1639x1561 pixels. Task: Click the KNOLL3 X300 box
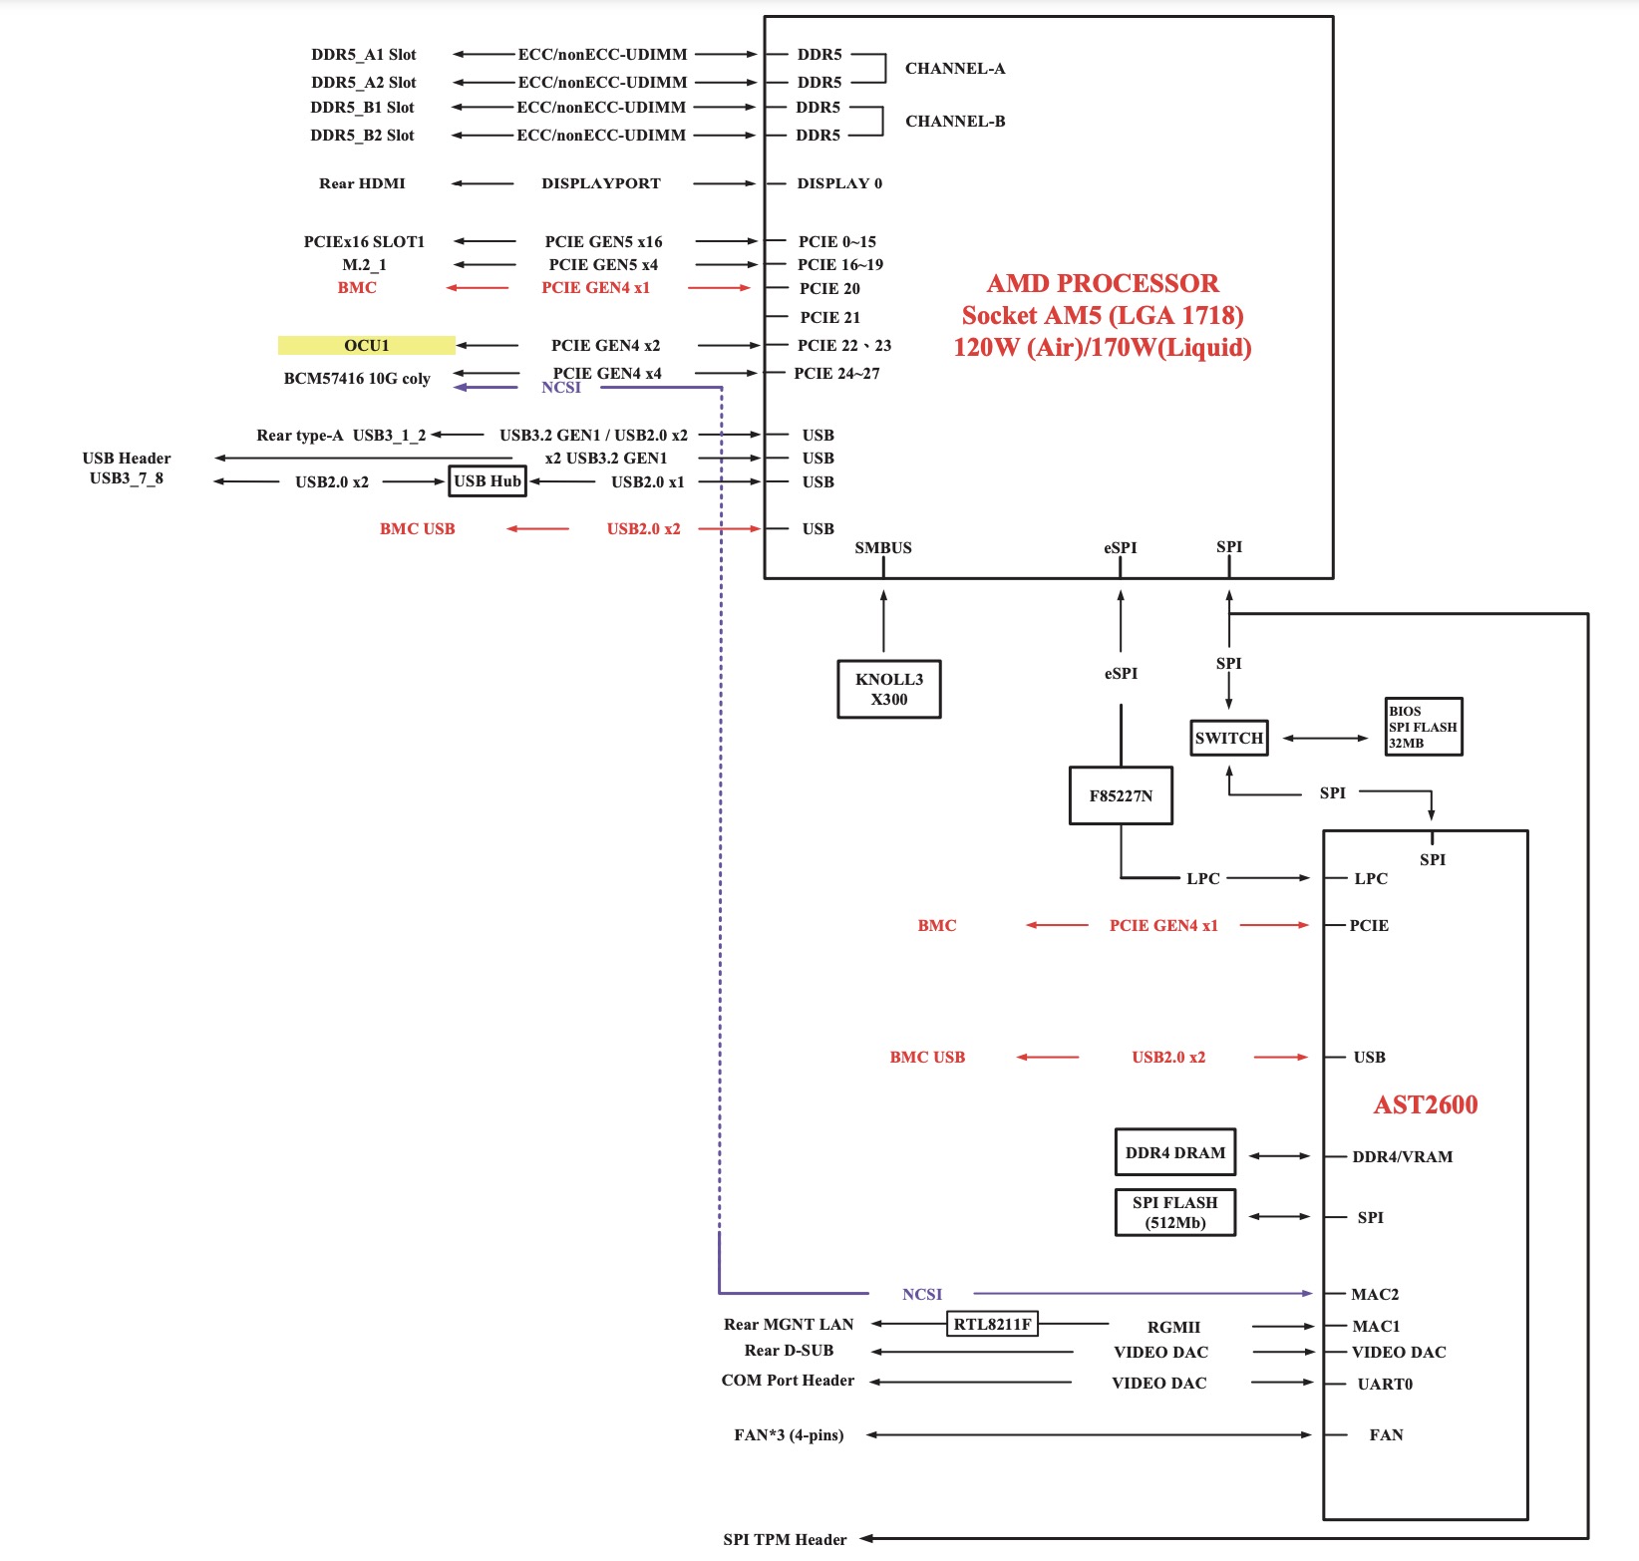pyautogui.click(x=888, y=689)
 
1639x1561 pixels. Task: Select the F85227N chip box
pyautogui.click(x=1121, y=795)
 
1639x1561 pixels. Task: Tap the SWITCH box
pyautogui.click(x=1228, y=738)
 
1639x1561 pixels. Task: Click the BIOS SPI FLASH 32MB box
pyautogui.click(x=1423, y=727)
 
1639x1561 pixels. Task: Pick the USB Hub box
pyautogui.click(x=488, y=481)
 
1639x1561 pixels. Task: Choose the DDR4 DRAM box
pyautogui.click(x=1174, y=1152)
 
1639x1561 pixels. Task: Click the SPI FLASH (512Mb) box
pyautogui.click(x=1174, y=1212)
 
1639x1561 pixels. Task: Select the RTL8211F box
pyautogui.click(x=992, y=1324)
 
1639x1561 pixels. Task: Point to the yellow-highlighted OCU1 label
pyautogui.click(x=366, y=345)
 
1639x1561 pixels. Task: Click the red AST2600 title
pyautogui.click(x=1425, y=1104)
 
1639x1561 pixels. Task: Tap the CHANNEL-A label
pyautogui.click(x=954, y=69)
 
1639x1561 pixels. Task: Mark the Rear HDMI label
pyautogui.click(x=362, y=183)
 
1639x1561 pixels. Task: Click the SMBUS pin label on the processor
pyautogui.click(x=882, y=547)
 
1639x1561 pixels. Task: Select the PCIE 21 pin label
pyautogui.click(x=829, y=317)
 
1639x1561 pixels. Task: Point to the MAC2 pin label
pyautogui.click(x=1374, y=1294)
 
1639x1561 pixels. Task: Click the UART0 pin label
pyautogui.click(x=1384, y=1384)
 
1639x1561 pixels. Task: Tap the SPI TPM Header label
pyautogui.click(x=785, y=1539)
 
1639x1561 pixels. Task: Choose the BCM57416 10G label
pyautogui.click(x=357, y=379)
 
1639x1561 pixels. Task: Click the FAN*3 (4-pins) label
pyautogui.click(x=789, y=1435)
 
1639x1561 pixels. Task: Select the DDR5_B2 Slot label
pyautogui.click(x=362, y=136)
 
